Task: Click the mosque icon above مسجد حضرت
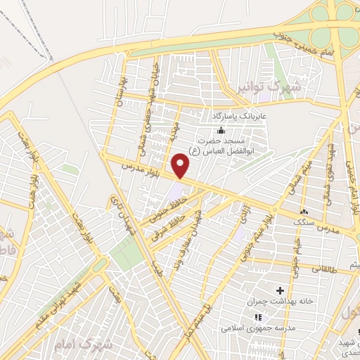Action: point(221,130)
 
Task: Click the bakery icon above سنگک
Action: point(304,212)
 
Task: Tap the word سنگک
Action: point(304,221)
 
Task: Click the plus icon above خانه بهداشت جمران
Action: point(280,290)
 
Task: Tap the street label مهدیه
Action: point(173,131)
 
